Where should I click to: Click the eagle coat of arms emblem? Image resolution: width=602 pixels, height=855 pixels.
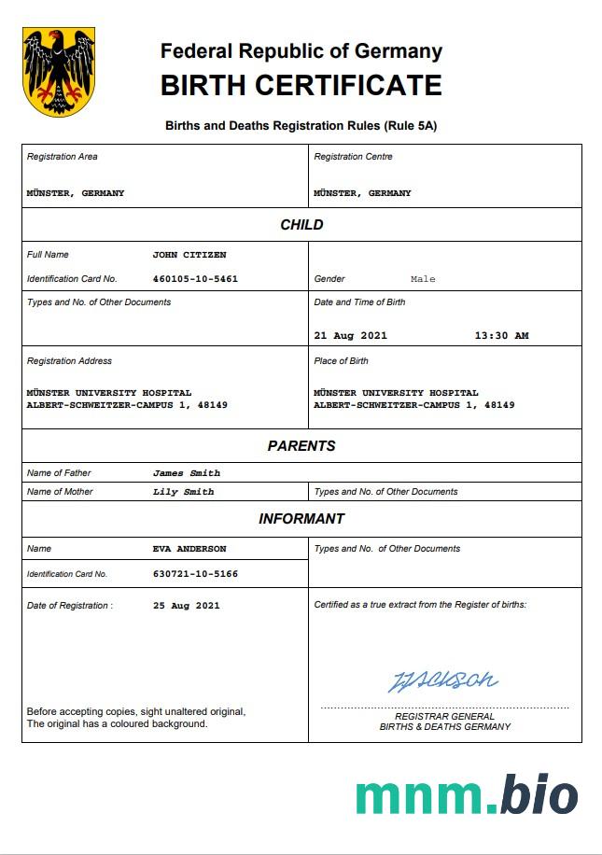(x=59, y=71)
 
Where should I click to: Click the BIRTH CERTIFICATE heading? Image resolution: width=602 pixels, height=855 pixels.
(x=301, y=85)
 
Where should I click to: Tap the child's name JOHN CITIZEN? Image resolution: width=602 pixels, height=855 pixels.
(x=189, y=255)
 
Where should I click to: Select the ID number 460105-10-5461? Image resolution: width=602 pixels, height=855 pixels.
(x=195, y=279)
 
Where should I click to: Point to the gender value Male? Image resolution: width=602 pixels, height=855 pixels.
(x=423, y=279)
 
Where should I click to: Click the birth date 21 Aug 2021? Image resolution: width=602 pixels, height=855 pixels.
(x=350, y=336)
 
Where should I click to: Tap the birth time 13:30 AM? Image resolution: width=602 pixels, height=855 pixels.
(x=501, y=336)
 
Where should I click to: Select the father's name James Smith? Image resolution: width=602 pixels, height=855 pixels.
(x=187, y=473)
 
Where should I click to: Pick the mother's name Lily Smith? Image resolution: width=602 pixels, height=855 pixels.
(x=183, y=492)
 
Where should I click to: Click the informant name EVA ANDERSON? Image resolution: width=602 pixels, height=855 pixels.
(x=189, y=549)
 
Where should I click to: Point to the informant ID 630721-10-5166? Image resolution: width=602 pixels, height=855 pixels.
(x=195, y=574)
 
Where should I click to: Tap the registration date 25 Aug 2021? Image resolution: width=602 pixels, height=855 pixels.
(x=187, y=606)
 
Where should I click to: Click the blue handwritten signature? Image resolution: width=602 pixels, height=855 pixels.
(x=442, y=680)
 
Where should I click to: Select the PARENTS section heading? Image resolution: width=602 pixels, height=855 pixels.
(x=301, y=446)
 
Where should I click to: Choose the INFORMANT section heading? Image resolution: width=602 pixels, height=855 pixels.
(x=301, y=519)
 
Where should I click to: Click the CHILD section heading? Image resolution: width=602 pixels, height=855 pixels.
(x=301, y=225)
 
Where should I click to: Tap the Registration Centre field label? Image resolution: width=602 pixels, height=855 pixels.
(x=353, y=157)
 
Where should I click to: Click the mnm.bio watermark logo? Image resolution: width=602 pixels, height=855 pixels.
(x=466, y=795)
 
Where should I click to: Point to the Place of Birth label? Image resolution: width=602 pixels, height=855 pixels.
(x=341, y=361)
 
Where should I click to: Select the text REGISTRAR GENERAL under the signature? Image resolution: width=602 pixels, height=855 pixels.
(x=444, y=716)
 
